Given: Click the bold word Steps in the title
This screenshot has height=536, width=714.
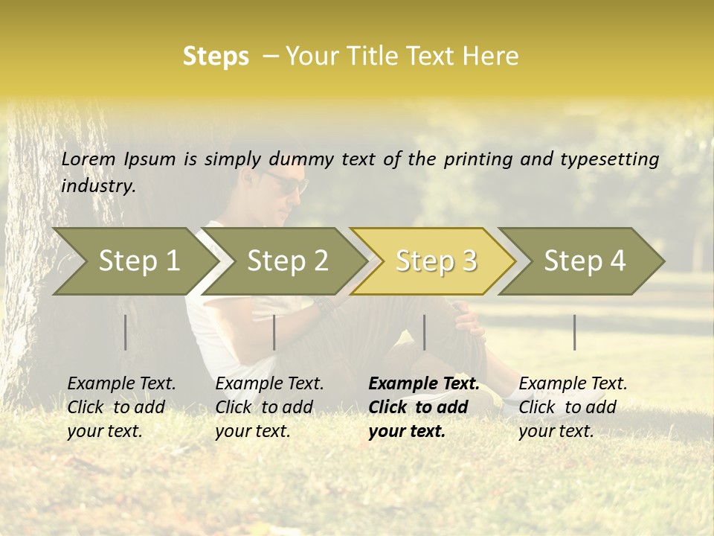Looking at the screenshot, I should pyautogui.click(x=216, y=57).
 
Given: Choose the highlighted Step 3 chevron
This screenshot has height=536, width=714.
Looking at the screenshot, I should pyautogui.click(x=436, y=261).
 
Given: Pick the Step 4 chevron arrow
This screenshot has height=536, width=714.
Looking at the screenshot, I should pyautogui.click(x=585, y=261).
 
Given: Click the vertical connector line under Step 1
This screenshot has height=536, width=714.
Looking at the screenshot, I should pyautogui.click(x=126, y=332).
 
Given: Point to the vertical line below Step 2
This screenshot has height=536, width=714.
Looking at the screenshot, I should pyautogui.click(x=274, y=332).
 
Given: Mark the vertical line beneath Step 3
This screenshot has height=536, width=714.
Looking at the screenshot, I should pyautogui.click(x=425, y=332).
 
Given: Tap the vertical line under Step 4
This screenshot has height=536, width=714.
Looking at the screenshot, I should pyautogui.click(x=575, y=332).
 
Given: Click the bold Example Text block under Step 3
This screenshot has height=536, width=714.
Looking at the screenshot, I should pyautogui.click(x=424, y=407).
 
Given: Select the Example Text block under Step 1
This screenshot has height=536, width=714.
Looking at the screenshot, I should pyautogui.click(x=121, y=407).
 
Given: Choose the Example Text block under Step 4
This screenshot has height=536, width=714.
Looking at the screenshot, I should pyautogui.click(x=573, y=407).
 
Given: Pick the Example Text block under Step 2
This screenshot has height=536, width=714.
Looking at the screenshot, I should pyautogui.click(x=269, y=407).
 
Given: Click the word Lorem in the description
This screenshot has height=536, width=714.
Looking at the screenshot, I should pyautogui.click(x=89, y=159).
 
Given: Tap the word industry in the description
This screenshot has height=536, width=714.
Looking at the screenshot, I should pyautogui.click(x=97, y=186).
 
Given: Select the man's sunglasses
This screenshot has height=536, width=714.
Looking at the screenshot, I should pyautogui.click(x=286, y=182).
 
